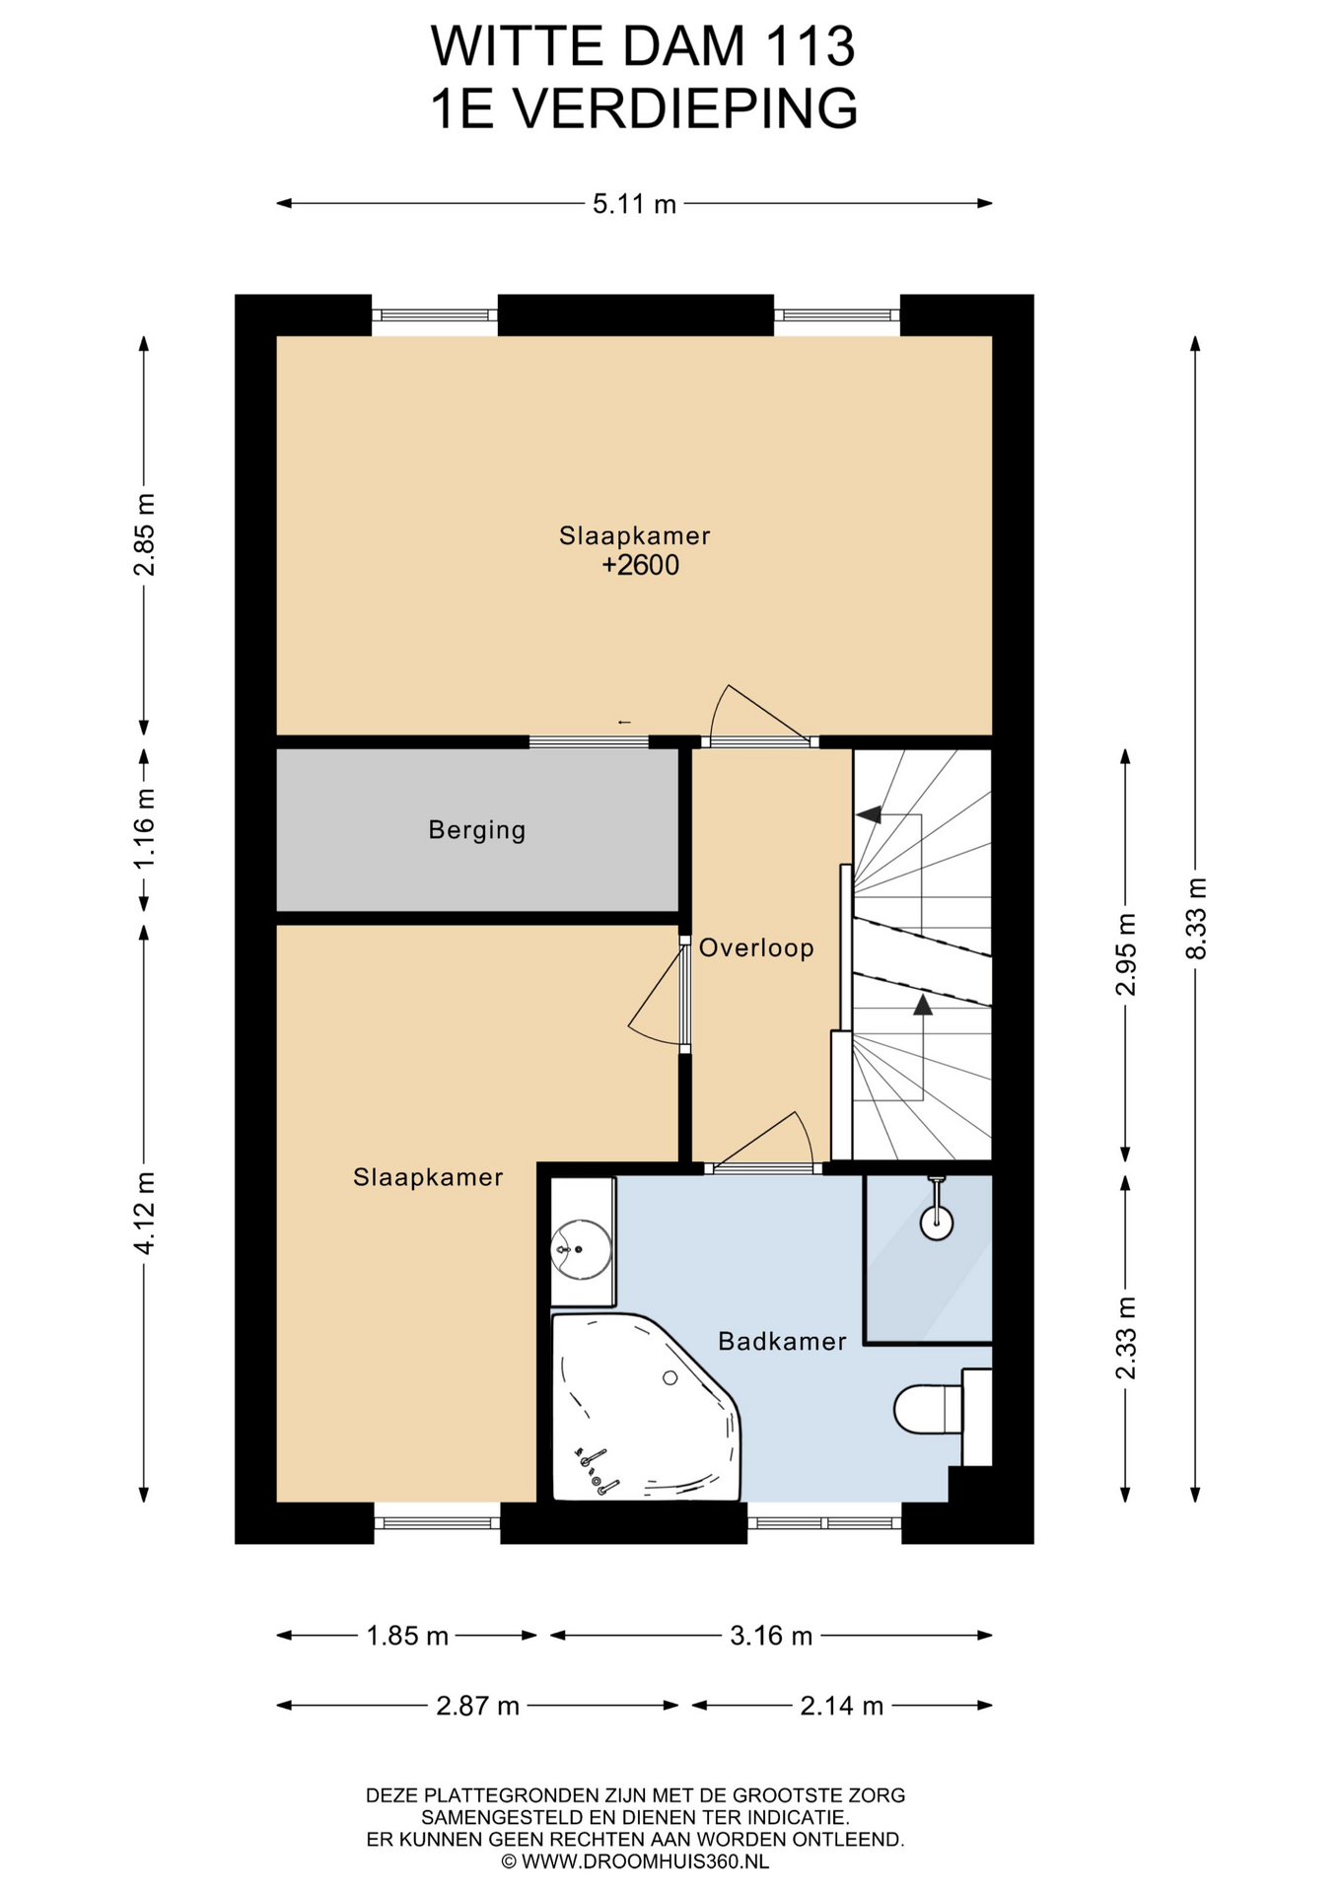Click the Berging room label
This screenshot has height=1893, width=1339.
[x=477, y=830]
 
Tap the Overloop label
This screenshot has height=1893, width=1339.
[x=756, y=947]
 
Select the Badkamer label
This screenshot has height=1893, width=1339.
[x=782, y=1341]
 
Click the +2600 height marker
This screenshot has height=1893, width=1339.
[x=641, y=565]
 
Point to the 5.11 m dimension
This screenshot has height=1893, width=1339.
[x=635, y=204]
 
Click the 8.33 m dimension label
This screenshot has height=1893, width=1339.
[x=1196, y=918]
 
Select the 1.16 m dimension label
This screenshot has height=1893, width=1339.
[x=144, y=828]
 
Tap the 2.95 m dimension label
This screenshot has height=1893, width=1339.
[x=1126, y=954]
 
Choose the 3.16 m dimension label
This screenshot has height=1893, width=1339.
[x=771, y=1637]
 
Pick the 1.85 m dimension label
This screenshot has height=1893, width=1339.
[x=407, y=1637]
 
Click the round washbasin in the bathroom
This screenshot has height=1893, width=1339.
[x=580, y=1249]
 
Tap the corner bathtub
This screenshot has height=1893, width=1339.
[x=646, y=1407]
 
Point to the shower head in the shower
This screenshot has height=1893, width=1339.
[x=937, y=1224]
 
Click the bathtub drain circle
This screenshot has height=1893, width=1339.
[x=670, y=1377]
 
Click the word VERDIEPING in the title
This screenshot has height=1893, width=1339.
[x=687, y=107]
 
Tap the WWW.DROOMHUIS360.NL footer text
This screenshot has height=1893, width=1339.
[x=645, y=1861]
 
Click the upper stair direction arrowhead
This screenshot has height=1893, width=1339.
[x=869, y=814]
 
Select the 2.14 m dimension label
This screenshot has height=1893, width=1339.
[x=841, y=1706]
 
